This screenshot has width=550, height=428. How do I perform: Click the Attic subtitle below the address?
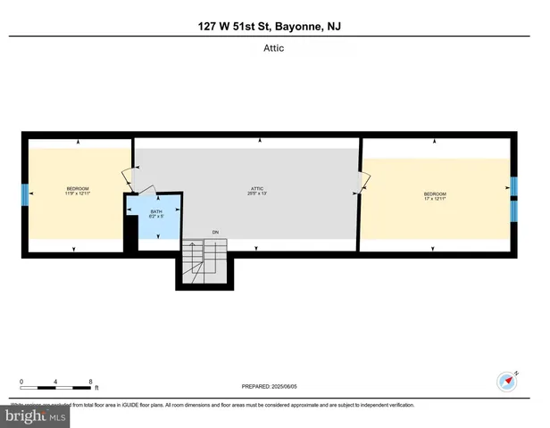[274, 48]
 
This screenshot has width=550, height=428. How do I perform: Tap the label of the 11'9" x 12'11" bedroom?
[78, 191]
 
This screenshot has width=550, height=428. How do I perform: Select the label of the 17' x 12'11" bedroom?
[435, 196]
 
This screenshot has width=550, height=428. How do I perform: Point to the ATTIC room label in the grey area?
[257, 191]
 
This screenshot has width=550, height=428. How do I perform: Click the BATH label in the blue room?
[155, 214]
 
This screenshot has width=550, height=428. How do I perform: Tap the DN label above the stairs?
[215, 233]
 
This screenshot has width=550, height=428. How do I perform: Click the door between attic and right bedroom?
[362, 182]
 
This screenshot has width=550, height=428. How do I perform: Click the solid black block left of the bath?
[130, 234]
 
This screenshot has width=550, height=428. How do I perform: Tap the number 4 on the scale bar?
[55, 381]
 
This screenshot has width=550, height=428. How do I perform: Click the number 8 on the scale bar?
[90, 381]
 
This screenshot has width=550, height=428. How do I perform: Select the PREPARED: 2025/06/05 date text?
[276, 387]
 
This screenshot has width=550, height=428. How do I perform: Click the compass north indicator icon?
[506, 380]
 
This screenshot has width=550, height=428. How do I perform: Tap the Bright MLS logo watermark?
[37, 415]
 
